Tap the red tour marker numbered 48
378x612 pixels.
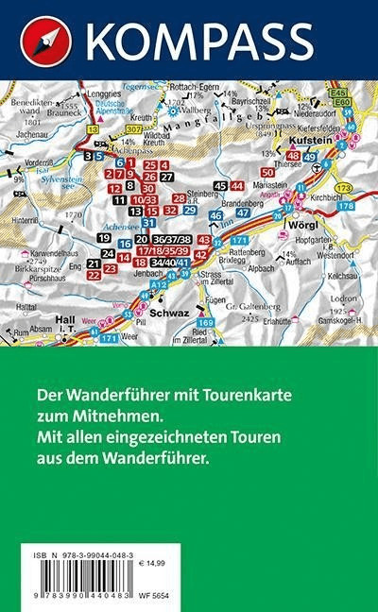[293, 156]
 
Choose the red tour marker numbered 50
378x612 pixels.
[267, 173]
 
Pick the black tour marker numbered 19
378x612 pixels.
[104, 238]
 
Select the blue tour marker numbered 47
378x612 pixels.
[243, 212]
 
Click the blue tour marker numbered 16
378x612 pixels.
[125, 244]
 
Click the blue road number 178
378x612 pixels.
[346, 206]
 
